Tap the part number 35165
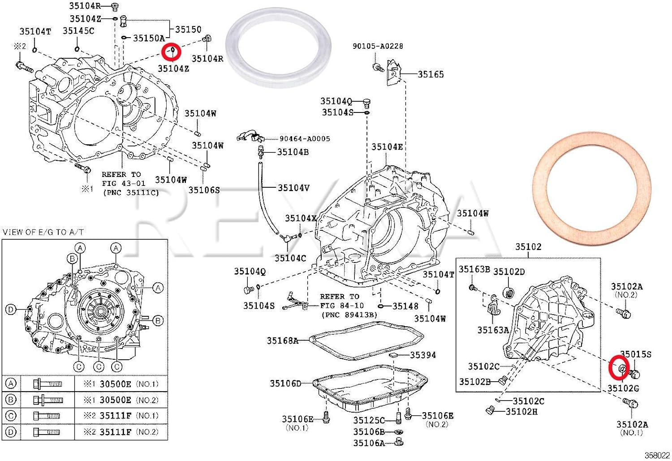431,74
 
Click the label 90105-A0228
377,46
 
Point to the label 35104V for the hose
293,188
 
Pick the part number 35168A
282,340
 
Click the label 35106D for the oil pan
285,383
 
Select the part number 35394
423,355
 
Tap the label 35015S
635,354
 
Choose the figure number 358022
657,455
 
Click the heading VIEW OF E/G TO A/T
43,232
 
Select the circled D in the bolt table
11,432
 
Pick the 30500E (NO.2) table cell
121,400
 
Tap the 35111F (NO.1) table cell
121,416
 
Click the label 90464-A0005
305,139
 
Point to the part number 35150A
149,38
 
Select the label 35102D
509,271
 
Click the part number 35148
405,306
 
